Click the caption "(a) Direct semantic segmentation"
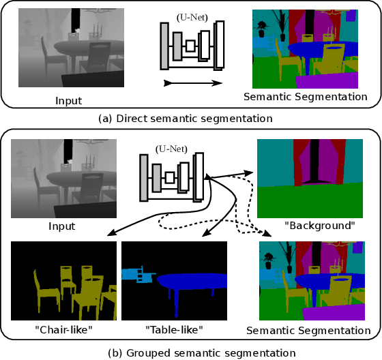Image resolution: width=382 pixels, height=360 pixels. (186, 118)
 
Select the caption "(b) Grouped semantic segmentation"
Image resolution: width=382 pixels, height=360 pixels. (192, 352)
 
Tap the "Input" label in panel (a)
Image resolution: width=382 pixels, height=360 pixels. (68, 101)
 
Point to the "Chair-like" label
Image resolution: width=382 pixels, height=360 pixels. (61, 330)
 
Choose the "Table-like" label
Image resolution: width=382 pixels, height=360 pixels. (173, 330)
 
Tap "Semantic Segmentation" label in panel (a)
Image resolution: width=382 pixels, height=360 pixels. (305, 97)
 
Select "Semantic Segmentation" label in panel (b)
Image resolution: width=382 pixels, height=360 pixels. (308, 331)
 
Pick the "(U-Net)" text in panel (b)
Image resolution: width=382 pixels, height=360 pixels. (171, 147)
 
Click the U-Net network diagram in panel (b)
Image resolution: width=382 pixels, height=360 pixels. (172, 177)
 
